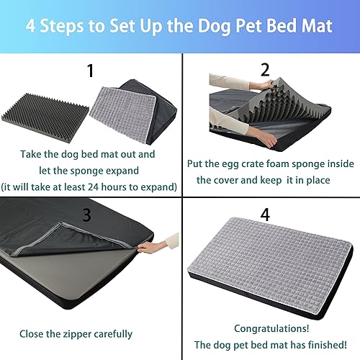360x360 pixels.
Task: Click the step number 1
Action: point(90,71)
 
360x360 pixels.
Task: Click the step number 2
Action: point(264,70)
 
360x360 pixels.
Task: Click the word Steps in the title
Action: point(77,27)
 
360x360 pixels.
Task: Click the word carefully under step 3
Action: point(114,333)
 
